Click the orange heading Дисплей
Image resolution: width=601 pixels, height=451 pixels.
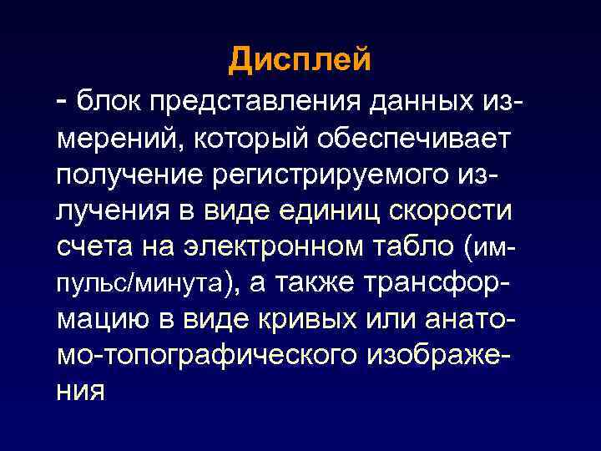(x=300, y=60)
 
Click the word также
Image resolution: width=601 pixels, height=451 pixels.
(x=307, y=284)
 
